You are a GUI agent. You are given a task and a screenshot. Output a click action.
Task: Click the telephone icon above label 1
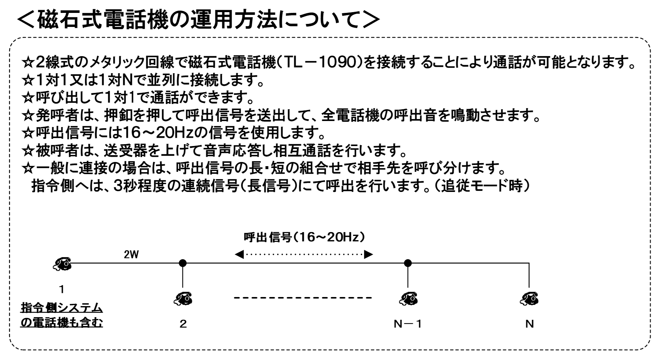(x=62, y=263)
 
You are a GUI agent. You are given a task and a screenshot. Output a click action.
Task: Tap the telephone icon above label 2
(x=183, y=299)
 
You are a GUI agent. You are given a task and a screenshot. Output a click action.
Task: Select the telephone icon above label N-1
(x=408, y=299)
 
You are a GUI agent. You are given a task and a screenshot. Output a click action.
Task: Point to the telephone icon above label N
(x=530, y=299)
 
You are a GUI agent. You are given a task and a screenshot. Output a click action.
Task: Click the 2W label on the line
(x=132, y=255)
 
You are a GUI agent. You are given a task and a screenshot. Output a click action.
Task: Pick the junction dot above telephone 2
(x=183, y=263)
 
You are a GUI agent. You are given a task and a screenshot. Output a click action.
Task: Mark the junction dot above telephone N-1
(x=408, y=263)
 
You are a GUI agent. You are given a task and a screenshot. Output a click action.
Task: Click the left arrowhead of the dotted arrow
(x=239, y=254)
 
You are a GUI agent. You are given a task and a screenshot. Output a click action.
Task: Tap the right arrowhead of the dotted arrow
(x=368, y=254)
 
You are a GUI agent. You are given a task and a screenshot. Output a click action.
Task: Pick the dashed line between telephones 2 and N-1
(x=303, y=298)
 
